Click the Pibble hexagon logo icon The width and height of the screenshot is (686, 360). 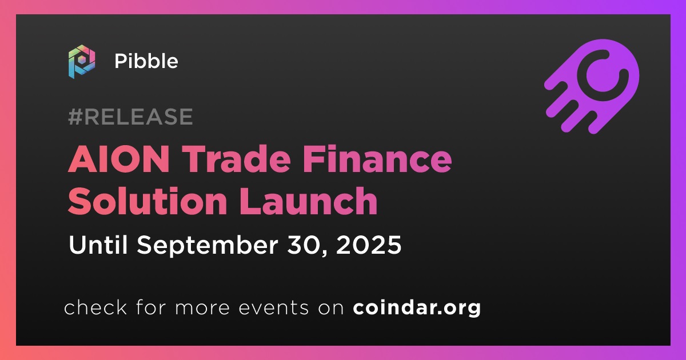pos(82,62)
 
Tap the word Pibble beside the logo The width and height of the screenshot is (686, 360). pos(146,61)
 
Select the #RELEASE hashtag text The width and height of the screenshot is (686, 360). pos(130,117)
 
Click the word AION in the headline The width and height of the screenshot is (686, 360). pos(119,159)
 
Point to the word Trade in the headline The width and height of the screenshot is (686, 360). pos(238,159)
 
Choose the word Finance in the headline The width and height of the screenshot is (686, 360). pos(377,159)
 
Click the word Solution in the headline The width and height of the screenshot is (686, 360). pos(147,201)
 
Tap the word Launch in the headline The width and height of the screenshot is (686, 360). pos(308,201)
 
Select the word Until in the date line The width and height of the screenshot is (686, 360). pos(98,245)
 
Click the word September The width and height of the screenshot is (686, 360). pos(208,246)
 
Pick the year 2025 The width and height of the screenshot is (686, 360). pos(369,245)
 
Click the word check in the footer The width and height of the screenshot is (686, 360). pos(95,307)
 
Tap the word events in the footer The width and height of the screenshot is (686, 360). pos(274,307)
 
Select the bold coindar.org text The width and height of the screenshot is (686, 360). pos(417,308)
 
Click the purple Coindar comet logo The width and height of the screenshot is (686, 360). pos(592,87)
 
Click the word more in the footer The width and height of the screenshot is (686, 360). pos(202,308)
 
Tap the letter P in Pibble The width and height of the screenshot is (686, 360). pos(121,61)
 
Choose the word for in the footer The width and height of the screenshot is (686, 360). pos(151,307)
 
